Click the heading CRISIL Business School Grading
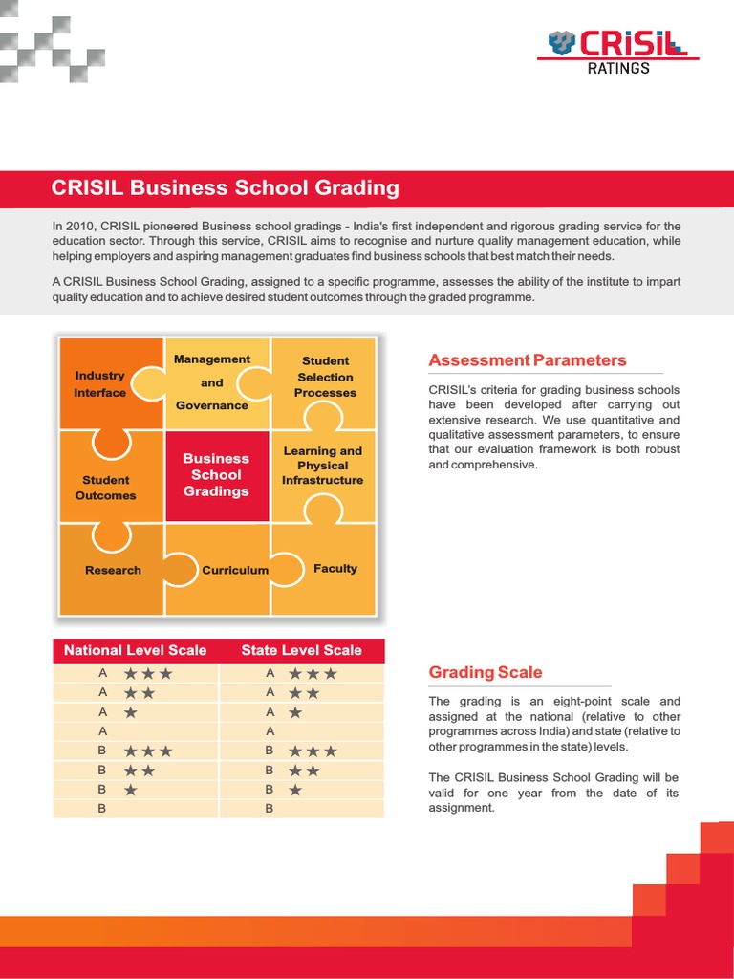click(225, 187)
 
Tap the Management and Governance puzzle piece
click(212, 382)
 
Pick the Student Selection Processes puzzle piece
click(325, 377)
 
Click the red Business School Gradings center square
click(216, 475)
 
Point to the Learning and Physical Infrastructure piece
click(322, 466)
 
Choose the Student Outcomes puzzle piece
click(106, 487)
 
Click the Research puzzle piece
click(113, 570)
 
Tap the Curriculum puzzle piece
click(234, 570)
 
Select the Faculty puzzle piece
click(335, 568)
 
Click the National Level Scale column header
click(135, 650)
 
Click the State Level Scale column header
click(301, 650)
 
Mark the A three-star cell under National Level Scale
click(135, 673)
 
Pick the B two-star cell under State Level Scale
click(301, 770)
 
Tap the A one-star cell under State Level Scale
click(301, 712)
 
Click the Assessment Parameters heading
click(528, 360)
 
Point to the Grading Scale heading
click(486, 672)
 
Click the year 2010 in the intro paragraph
click(81, 226)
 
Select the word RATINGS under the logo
click(617, 68)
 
